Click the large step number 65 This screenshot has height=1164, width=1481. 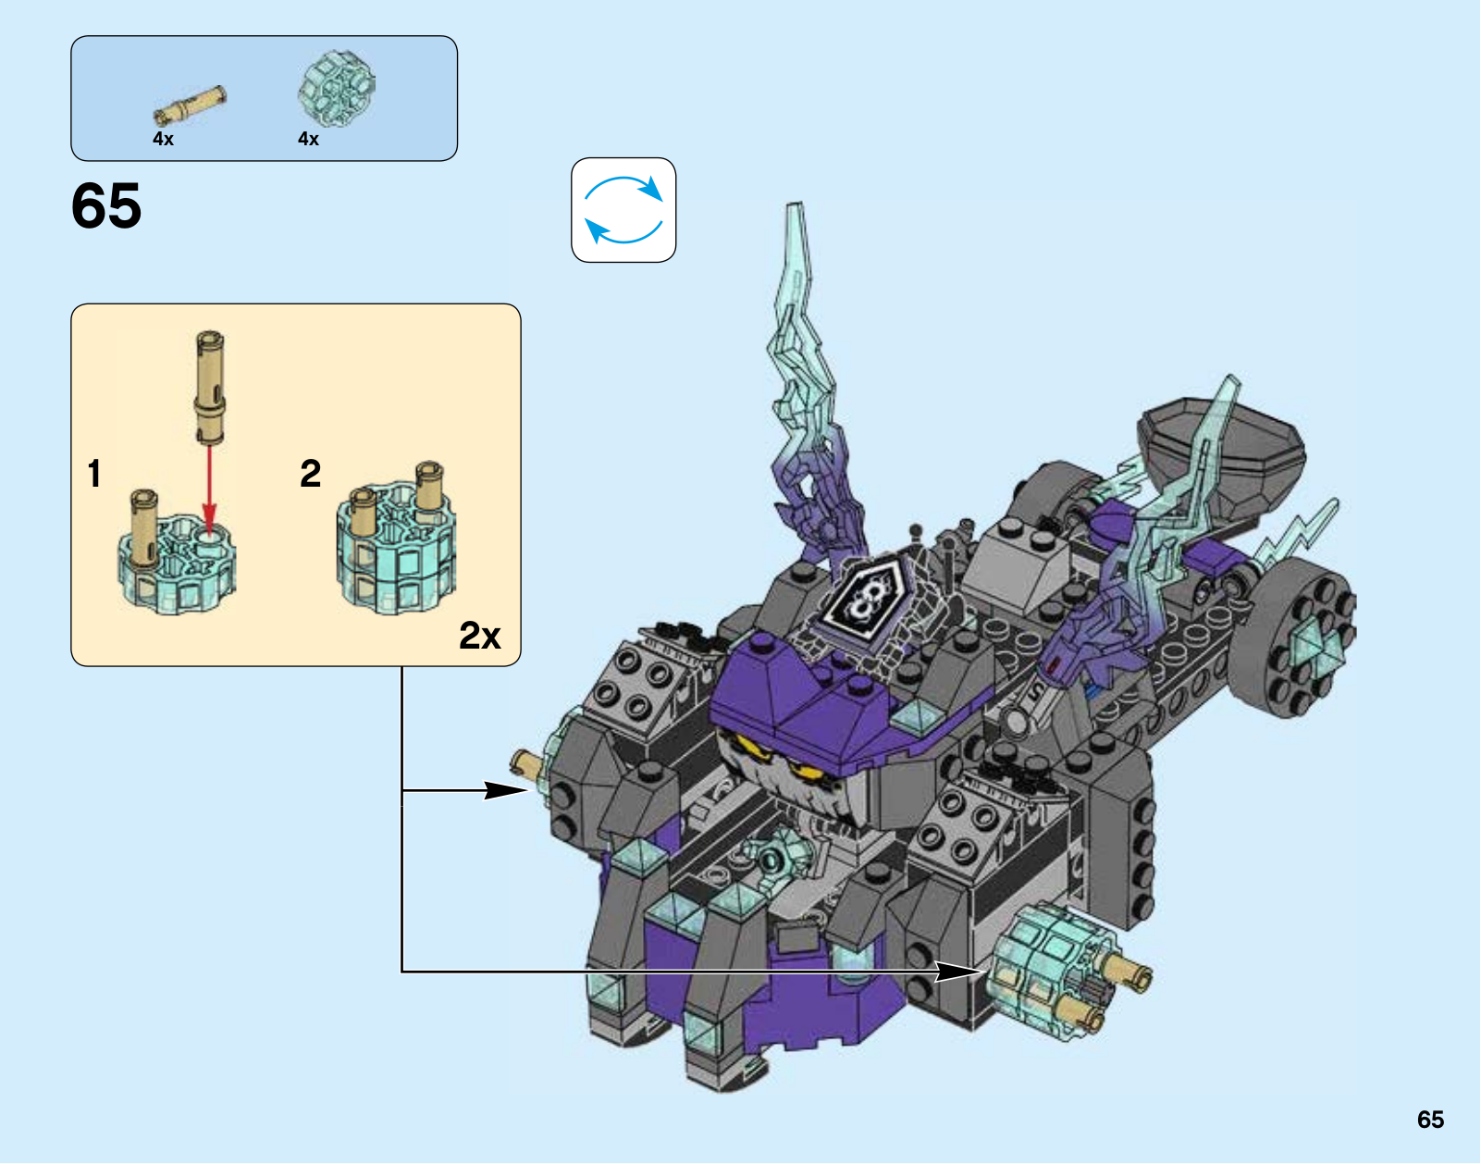tap(106, 205)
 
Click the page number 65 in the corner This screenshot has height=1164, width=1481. tap(1430, 1120)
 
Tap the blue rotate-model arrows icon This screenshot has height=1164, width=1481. tap(623, 210)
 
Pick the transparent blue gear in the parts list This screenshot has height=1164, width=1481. tap(337, 89)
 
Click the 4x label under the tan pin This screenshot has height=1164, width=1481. tap(163, 139)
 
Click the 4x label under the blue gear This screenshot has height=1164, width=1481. tap(308, 139)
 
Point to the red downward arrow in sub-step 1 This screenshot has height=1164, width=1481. tap(209, 490)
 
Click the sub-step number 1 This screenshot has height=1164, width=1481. tap(94, 474)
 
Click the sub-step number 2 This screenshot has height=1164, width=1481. tap(310, 474)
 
